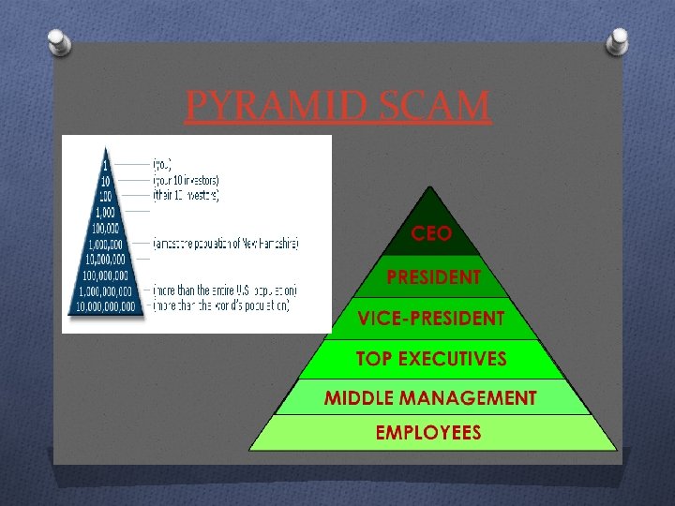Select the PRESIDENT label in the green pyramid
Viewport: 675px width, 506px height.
pyautogui.click(x=434, y=277)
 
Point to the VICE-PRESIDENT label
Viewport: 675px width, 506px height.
pyautogui.click(x=431, y=319)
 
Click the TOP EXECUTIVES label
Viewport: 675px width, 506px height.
pyautogui.click(x=431, y=359)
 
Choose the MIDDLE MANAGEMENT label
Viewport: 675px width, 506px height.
pyautogui.click(x=431, y=398)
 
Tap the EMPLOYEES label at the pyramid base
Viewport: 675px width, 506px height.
pyautogui.click(x=428, y=433)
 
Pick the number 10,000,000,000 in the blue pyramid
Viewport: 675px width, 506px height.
pyautogui.click(x=106, y=306)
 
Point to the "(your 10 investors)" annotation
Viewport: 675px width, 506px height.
pyautogui.click(x=186, y=179)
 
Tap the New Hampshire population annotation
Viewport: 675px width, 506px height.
pyautogui.click(x=226, y=244)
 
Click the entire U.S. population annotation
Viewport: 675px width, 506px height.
pyautogui.click(x=223, y=290)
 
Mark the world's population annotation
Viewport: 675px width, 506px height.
pyautogui.click(x=221, y=305)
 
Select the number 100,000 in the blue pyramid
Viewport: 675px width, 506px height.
pyautogui.click(x=106, y=228)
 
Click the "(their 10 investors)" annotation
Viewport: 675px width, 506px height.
pyautogui.click(x=186, y=196)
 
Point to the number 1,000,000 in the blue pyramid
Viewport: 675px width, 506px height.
pyautogui.click(x=106, y=244)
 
